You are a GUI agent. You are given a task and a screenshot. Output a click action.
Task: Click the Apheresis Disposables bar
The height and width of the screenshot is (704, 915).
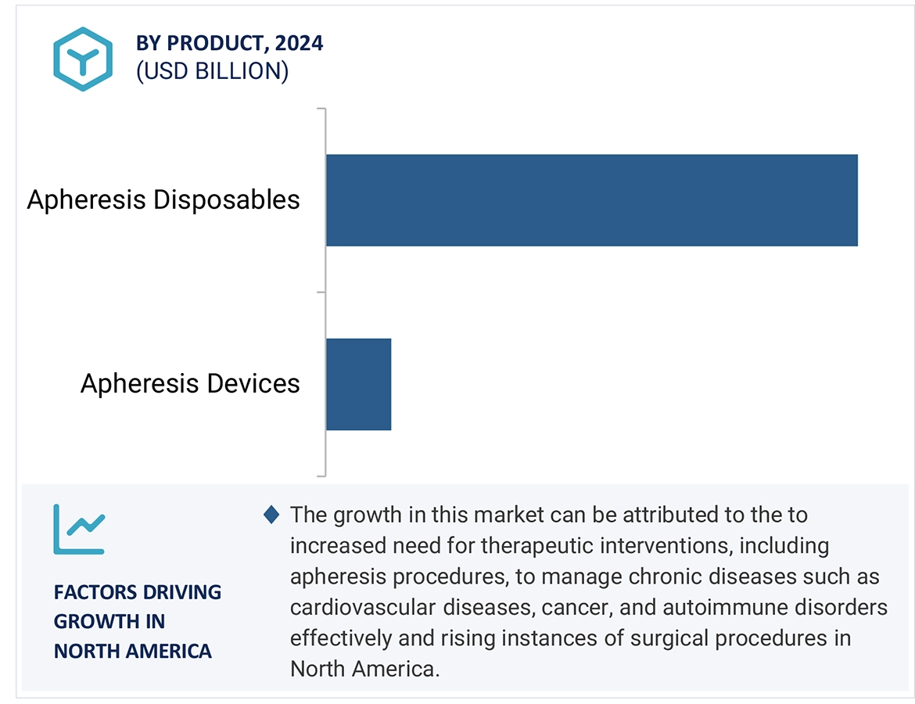592,200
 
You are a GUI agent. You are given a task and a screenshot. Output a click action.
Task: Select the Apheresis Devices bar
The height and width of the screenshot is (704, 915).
358,384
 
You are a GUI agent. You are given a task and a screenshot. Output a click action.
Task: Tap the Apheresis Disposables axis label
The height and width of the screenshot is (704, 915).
163,200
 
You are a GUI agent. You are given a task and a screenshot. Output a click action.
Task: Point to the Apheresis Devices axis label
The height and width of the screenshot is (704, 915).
190,383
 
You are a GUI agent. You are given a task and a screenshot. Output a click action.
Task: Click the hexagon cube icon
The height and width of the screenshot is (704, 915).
83,59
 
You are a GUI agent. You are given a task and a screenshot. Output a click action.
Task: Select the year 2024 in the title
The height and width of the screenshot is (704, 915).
299,43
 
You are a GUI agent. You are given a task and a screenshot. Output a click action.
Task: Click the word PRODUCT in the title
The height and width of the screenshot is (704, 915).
217,44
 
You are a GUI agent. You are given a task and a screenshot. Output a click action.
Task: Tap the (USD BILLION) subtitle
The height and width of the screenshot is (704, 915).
213,71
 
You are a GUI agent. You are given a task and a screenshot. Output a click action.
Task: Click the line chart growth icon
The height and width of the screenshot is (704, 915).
79,530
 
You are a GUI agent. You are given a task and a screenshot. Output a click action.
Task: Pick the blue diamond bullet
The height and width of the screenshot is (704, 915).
271,514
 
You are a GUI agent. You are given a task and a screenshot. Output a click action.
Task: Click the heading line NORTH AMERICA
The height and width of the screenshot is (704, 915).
132,651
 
